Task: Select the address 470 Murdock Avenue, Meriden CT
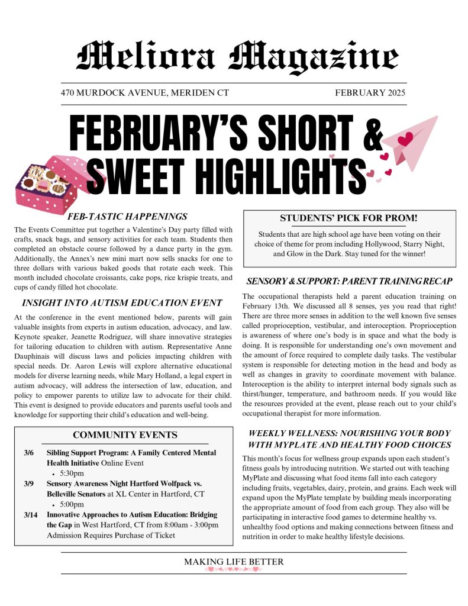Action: [144, 93]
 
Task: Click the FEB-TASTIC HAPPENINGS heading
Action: [127, 217]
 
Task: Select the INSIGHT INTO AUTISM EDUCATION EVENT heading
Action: [122, 304]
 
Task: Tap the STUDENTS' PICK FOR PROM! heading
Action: [348, 218]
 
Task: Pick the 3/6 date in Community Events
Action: [28, 453]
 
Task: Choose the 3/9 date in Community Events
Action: [28, 484]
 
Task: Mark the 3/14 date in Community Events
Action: [30, 515]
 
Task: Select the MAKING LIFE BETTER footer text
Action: [234, 562]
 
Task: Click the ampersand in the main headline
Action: [373, 134]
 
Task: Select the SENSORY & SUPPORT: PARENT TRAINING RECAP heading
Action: [349, 281]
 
